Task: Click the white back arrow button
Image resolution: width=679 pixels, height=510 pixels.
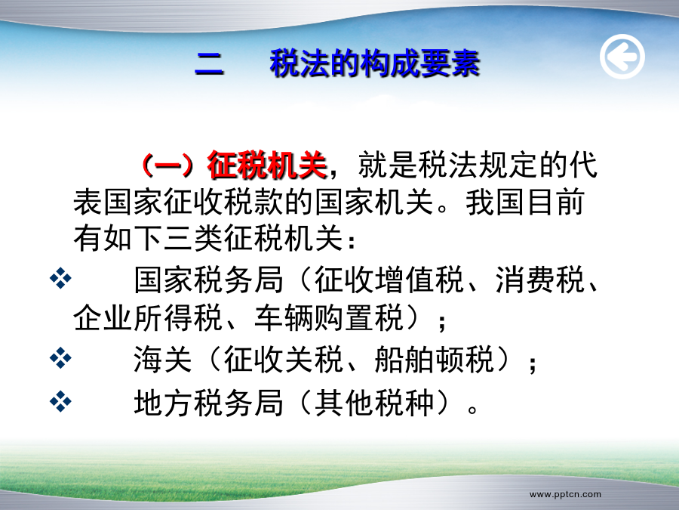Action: (x=622, y=57)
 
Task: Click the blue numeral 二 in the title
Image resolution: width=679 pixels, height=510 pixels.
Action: (x=209, y=64)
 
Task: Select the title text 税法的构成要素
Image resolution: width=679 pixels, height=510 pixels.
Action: (x=375, y=63)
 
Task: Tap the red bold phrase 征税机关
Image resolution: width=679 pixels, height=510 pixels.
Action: (x=267, y=165)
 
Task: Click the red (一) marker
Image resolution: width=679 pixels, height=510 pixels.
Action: (x=168, y=165)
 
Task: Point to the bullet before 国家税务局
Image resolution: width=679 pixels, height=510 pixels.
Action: (x=60, y=279)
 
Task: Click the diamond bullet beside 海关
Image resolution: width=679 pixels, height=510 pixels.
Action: (x=60, y=358)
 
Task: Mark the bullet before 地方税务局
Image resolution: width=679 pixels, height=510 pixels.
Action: (x=60, y=401)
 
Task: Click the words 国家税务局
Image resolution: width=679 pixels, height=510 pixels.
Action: (x=208, y=280)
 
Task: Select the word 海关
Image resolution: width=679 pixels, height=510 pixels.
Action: (x=163, y=360)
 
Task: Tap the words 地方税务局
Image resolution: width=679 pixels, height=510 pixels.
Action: (x=208, y=403)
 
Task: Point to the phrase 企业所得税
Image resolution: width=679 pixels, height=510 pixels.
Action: (x=148, y=318)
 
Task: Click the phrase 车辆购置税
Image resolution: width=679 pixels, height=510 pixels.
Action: (x=329, y=318)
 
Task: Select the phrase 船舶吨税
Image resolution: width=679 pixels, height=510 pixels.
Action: (x=435, y=360)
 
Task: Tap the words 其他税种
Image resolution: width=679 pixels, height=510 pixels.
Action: (x=374, y=403)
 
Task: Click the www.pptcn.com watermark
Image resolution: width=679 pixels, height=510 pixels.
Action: (x=565, y=494)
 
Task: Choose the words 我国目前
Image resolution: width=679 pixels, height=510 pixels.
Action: (x=525, y=202)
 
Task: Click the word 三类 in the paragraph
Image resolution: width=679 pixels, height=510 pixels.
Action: (x=193, y=239)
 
